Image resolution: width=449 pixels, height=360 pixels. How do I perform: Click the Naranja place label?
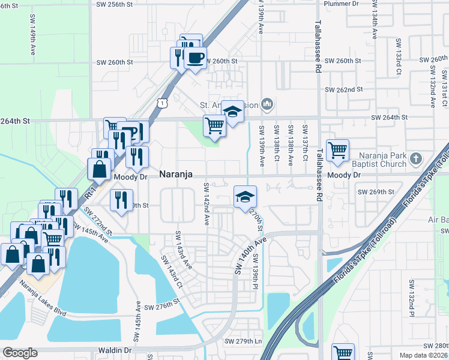176,174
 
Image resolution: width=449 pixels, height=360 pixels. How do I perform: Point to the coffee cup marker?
195,58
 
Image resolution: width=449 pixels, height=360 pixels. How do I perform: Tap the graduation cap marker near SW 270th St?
245,196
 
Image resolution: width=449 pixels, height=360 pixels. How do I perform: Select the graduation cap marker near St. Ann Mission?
232,111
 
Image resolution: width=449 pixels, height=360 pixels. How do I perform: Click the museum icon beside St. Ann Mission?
268,106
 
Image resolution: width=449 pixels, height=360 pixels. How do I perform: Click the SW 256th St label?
113,4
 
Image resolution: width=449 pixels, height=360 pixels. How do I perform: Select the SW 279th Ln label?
244,341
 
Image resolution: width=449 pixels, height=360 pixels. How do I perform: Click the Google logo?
20,353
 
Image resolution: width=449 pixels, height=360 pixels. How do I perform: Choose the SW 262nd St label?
344,89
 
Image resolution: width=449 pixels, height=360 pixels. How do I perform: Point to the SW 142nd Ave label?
206,204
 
